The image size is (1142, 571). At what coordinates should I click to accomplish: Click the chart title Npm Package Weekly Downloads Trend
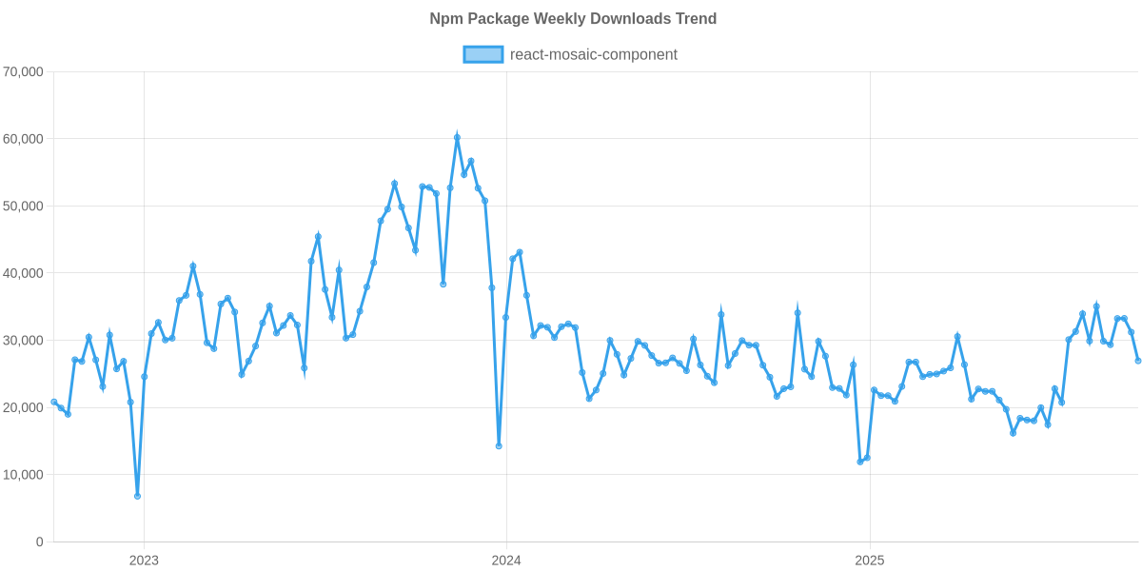(573, 19)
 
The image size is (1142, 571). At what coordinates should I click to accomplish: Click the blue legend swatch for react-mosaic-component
(482, 54)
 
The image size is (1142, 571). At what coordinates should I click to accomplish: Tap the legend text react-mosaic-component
(594, 54)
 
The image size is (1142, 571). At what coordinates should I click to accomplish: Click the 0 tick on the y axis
(39, 541)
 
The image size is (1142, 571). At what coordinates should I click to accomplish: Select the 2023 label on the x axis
(143, 560)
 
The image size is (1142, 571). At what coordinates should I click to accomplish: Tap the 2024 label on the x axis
(506, 560)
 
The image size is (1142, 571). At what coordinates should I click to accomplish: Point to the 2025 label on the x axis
(870, 560)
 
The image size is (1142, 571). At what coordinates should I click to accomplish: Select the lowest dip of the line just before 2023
(137, 496)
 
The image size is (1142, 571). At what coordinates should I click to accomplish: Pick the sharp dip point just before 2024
(499, 446)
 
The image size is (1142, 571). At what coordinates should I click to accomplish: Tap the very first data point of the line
(53, 402)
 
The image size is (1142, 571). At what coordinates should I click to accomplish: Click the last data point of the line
(1138, 361)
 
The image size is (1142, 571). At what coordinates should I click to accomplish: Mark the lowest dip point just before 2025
(860, 462)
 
